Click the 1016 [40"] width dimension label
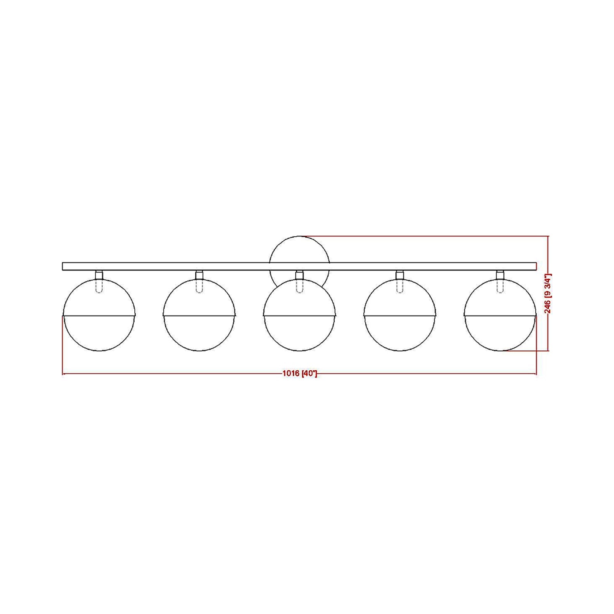tap(300, 373)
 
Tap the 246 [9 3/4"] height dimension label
tap(548, 294)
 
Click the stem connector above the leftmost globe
tap(99, 275)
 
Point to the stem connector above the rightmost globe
tap(500, 275)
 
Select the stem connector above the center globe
tap(299, 275)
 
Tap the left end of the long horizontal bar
tap(64, 266)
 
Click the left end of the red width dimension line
tap(63, 373)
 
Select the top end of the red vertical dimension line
tap(548, 237)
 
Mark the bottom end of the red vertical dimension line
tap(548, 350)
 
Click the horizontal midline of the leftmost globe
tap(99, 315)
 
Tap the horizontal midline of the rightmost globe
tap(500, 315)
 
